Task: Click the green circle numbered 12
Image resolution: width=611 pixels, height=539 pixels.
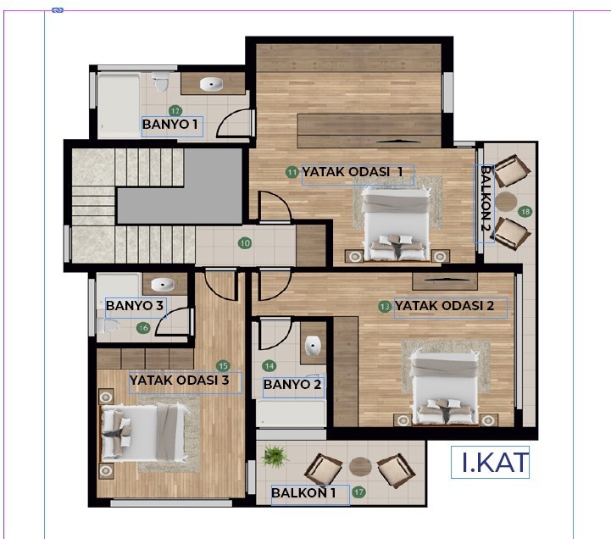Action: pos(175,111)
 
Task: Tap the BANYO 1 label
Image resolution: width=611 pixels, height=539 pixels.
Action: pos(170,125)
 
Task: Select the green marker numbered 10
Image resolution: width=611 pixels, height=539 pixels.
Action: pos(245,243)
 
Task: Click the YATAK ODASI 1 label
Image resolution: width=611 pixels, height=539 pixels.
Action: pos(353,171)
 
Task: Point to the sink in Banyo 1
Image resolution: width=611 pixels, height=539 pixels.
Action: pos(211,84)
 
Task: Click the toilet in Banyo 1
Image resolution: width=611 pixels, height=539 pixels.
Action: pos(160,81)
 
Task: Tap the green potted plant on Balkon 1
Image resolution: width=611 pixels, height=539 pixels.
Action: pos(275,456)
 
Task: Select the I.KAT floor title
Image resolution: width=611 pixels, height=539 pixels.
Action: pos(495,462)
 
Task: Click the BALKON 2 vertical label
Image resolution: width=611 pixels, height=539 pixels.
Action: pos(485,198)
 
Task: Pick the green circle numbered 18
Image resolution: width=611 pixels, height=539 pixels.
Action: pos(525,212)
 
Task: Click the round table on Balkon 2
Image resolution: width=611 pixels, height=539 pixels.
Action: pos(506,202)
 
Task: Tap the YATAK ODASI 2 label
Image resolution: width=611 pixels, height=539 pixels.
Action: pos(444,306)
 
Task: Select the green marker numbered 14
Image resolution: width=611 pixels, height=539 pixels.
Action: pos(269,366)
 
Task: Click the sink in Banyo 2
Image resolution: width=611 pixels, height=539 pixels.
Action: pos(313,345)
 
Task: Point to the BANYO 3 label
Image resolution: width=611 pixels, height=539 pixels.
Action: pos(135,306)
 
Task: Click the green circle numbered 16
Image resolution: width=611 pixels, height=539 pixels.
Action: pos(143,328)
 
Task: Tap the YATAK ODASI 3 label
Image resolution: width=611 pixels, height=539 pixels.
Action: pos(180,380)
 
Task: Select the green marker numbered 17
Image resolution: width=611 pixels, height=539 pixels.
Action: pos(358,492)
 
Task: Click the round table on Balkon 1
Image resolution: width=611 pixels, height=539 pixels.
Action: pos(360,466)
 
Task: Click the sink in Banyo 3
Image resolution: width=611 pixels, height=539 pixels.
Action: pos(163,285)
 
